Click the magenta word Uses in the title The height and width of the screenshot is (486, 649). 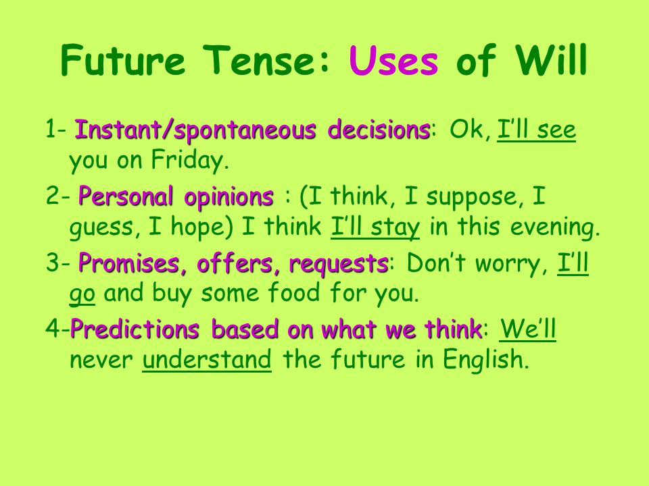coord(393,60)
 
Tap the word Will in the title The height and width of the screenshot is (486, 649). coord(551,59)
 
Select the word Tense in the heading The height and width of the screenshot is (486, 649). coord(267,60)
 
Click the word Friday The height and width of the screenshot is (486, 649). coord(190,161)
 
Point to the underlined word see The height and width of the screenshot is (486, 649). coord(556,130)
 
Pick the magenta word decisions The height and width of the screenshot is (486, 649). coord(379,130)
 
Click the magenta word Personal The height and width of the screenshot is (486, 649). coord(126,196)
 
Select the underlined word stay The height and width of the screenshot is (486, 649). coord(395,227)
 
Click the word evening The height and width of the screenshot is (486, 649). coord(555,227)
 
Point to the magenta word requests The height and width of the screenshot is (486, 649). coord(338,264)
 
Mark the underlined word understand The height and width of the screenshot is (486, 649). coord(207,359)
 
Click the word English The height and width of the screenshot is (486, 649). coord(486,360)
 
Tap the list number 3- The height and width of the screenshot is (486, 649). coord(58,263)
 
